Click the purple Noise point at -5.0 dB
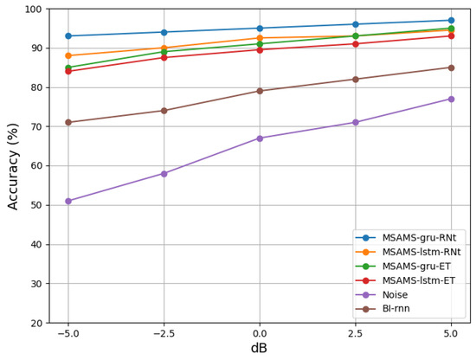(x=68, y=201)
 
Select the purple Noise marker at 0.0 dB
(x=260, y=138)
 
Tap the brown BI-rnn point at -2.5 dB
(x=164, y=111)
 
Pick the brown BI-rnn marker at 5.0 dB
(x=451, y=67)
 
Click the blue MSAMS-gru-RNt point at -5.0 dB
(x=68, y=35)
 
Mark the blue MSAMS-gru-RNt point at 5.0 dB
(x=451, y=20)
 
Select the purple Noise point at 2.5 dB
(x=355, y=122)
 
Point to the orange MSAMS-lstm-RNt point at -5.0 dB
(x=68, y=55)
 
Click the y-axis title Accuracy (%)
(x=13, y=165)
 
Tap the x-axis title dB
(x=260, y=349)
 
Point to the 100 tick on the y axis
(x=33, y=9)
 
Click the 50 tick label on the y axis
(x=35, y=205)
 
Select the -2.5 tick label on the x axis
(x=164, y=332)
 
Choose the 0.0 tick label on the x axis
(x=260, y=332)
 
